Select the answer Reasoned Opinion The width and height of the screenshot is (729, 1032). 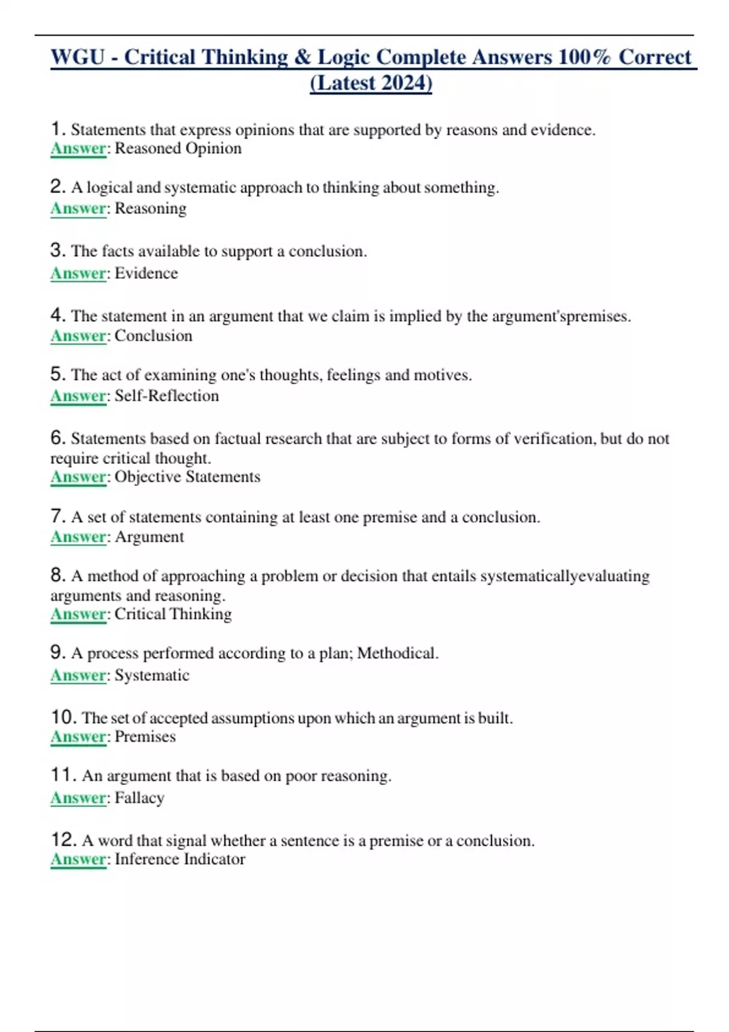178,149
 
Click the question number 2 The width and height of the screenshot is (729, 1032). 58,187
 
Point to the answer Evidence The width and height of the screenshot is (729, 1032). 146,273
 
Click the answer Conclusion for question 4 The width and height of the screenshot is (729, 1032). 154,336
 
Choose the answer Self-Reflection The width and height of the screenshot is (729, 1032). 167,396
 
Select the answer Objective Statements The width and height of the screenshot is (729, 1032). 187,477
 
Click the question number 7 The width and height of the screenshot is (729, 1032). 58,517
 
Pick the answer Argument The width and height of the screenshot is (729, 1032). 149,537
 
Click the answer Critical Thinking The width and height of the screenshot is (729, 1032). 173,614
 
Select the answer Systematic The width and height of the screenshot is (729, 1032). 152,676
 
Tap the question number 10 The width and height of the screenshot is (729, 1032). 63,718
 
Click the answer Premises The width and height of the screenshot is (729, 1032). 145,737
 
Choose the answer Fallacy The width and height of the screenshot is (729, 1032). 140,798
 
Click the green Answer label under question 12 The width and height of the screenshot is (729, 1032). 78,860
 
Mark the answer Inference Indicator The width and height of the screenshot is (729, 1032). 180,860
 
